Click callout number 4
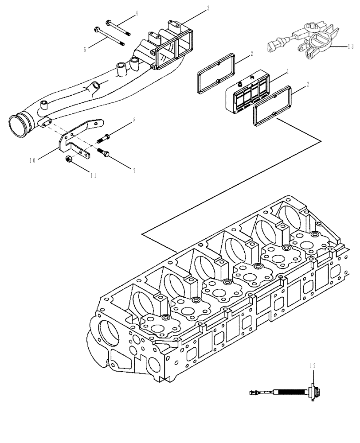coord(137,13)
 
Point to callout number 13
coord(351,46)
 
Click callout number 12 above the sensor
coord(313,365)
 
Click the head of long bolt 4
coord(108,22)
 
